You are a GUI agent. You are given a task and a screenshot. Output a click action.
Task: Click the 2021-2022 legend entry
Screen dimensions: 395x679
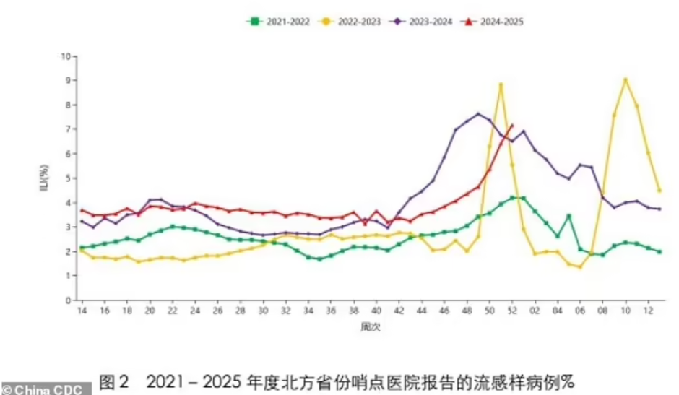[x=278, y=22]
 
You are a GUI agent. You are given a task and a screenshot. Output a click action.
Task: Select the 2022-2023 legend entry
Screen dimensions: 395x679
[x=349, y=22]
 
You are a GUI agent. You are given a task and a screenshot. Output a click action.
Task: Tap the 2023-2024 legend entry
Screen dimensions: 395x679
[x=420, y=22]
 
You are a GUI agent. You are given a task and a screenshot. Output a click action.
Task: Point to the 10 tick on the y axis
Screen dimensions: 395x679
[x=66, y=56]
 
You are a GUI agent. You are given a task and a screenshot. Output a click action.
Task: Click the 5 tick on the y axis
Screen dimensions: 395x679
[x=69, y=178]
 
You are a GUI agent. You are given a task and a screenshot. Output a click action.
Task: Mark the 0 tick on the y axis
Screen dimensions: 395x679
[x=69, y=300]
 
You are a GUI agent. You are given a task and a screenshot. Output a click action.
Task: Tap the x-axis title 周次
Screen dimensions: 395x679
[x=371, y=326]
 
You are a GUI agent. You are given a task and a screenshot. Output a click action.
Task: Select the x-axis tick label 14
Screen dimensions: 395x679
[x=82, y=311]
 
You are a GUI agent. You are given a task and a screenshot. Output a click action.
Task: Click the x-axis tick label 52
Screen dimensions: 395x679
[x=511, y=311]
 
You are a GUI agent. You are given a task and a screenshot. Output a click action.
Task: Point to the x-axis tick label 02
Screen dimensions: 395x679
[x=535, y=311]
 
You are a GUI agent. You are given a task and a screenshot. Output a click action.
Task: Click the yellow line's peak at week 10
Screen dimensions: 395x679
[x=626, y=79]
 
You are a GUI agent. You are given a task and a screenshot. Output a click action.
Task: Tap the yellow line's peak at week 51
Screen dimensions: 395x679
[x=501, y=84]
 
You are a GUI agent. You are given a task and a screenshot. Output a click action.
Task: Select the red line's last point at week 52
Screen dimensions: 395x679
[x=511, y=126]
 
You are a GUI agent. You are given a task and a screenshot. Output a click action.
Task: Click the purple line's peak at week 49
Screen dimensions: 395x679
[x=478, y=114]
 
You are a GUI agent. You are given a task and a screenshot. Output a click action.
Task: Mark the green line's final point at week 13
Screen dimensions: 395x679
[x=659, y=251]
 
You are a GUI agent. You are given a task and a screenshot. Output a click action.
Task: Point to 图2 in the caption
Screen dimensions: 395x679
[x=113, y=381]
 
